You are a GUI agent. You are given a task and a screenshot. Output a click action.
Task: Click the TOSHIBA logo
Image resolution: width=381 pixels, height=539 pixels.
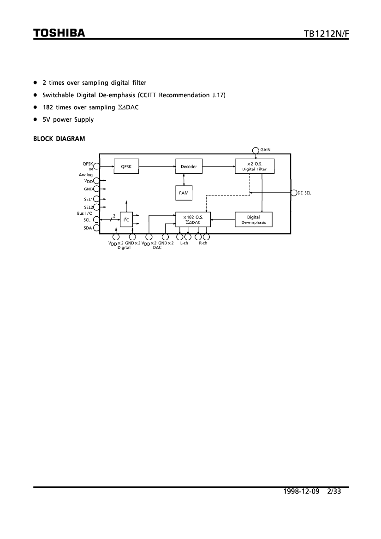pyautogui.click(x=59, y=33)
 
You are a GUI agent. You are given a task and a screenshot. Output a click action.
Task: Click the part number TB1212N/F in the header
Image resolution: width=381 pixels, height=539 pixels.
pyautogui.click(x=326, y=34)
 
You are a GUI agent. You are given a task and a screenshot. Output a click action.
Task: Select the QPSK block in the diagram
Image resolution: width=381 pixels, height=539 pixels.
pyautogui.click(x=126, y=166)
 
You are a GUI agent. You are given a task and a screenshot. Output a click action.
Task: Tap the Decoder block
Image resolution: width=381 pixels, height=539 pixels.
pyautogui.click(x=189, y=166)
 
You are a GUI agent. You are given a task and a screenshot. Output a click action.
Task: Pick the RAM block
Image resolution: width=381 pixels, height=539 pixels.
pyautogui.click(x=184, y=193)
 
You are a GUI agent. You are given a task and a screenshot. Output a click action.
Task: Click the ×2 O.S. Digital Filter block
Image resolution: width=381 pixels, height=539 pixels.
pyautogui.click(x=255, y=166)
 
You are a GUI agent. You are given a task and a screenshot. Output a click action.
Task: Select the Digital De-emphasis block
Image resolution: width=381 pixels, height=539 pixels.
pyautogui.click(x=253, y=219)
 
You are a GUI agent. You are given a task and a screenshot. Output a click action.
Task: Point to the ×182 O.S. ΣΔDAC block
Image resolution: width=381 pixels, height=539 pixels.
pyautogui.click(x=193, y=219)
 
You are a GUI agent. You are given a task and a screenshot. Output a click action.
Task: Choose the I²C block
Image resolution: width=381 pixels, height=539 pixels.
pyautogui.click(x=126, y=219)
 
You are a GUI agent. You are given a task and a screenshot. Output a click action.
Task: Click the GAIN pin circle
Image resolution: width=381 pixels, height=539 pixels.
pyautogui.click(x=256, y=151)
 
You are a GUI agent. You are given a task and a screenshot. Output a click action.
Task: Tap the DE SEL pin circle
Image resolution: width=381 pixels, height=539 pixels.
pyautogui.click(x=294, y=193)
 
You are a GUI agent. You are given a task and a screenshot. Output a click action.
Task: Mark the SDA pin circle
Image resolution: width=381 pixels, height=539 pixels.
pyautogui.click(x=96, y=228)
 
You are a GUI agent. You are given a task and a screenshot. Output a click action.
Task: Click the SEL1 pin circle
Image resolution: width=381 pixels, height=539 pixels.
pyautogui.click(x=96, y=199)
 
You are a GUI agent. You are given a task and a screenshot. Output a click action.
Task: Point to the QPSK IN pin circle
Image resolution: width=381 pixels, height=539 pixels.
pyautogui.click(x=96, y=166)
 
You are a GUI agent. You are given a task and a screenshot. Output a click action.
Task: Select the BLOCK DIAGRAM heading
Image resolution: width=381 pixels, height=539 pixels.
pyautogui.click(x=59, y=139)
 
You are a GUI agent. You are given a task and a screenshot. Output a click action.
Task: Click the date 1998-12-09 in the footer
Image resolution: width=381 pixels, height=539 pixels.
pyautogui.click(x=301, y=491)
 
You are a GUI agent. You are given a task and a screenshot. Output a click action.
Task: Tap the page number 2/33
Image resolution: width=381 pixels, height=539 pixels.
pyautogui.click(x=334, y=491)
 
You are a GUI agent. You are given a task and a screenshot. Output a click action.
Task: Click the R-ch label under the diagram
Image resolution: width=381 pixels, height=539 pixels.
pyautogui.click(x=203, y=243)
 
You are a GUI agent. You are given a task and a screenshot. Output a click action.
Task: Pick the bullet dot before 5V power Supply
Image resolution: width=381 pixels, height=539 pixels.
pyautogui.click(x=35, y=119)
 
